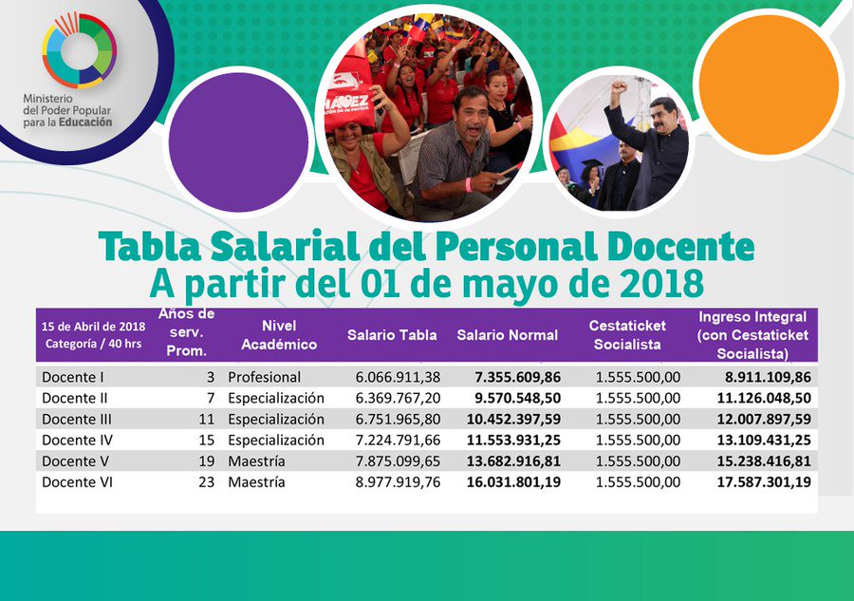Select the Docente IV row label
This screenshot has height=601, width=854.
(x=71, y=440)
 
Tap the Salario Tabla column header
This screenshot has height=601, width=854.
(x=392, y=334)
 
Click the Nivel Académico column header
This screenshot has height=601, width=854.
(x=278, y=335)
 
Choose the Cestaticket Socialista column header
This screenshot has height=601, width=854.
(x=627, y=334)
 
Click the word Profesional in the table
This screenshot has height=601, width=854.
(x=264, y=377)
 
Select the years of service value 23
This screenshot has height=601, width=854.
(x=206, y=481)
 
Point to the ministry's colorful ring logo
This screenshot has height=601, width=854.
(x=79, y=50)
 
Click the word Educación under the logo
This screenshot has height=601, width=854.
(x=88, y=122)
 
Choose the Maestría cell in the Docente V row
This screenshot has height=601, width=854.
(x=256, y=460)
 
